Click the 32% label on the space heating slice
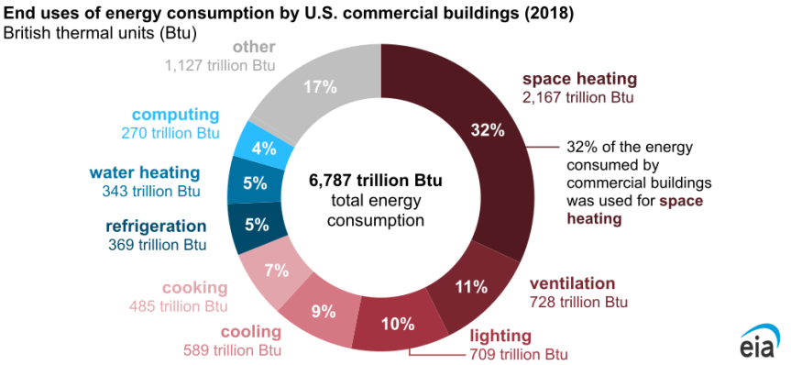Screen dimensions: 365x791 487,129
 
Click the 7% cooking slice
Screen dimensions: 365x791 276,270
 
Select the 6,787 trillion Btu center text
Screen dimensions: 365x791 376,181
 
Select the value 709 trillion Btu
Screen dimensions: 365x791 519,354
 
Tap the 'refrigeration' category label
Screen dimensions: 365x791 156,226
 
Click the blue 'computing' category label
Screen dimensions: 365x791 175,115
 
